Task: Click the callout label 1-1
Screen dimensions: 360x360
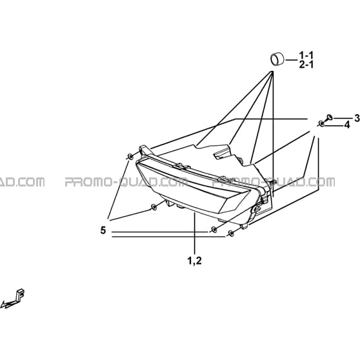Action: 306,55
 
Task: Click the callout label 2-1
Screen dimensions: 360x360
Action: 306,65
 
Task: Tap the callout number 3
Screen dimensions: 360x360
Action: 357,119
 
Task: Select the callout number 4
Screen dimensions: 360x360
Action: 347,125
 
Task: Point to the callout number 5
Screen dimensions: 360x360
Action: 103,230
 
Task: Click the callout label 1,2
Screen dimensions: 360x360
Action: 195,261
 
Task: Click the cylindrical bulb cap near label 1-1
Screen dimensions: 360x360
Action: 277,59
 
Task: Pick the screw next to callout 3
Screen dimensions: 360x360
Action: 329,118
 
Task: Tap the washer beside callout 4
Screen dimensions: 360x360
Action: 321,124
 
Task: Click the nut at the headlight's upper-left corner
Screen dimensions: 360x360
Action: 130,157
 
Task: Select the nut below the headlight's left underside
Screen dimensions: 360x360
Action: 154,208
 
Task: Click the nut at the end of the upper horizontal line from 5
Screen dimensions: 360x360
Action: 214,230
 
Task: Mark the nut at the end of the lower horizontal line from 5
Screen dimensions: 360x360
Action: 230,234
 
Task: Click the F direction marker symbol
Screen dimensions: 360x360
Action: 14,299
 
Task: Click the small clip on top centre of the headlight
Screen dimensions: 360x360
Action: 181,166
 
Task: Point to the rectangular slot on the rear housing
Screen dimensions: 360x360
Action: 221,153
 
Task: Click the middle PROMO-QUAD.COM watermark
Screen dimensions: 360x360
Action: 126,182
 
